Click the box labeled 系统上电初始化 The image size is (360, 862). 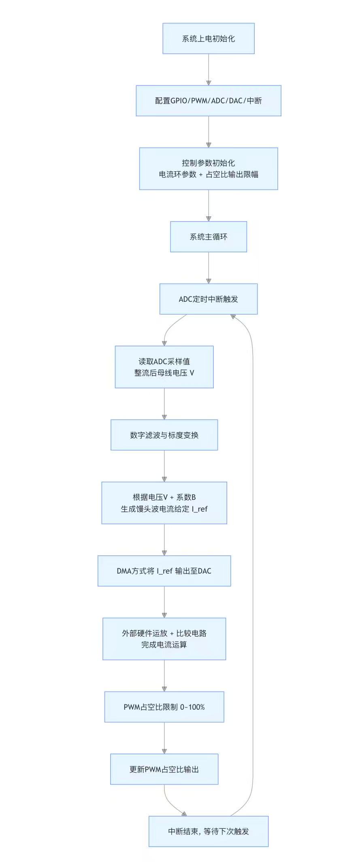coord(208,38)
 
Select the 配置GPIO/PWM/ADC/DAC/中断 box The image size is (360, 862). coord(208,101)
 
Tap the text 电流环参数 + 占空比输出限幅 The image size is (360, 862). coord(208,175)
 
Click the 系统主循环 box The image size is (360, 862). coord(208,237)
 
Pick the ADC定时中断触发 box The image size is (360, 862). coord(208,299)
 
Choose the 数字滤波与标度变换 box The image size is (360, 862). coord(164,435)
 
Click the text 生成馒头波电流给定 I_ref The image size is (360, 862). coord(164,509)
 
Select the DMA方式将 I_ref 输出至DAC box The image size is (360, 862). coord(164,571)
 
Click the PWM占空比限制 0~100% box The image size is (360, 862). coord(164,707)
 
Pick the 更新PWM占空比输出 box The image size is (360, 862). coord(164,769)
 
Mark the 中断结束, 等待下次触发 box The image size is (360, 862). coord(208,831)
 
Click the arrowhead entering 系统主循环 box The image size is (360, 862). coord(209,219)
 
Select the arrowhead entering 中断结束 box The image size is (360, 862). coord(184,814)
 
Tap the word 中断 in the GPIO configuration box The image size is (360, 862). coord(254,101)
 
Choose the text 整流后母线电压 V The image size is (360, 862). coord(164,373)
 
